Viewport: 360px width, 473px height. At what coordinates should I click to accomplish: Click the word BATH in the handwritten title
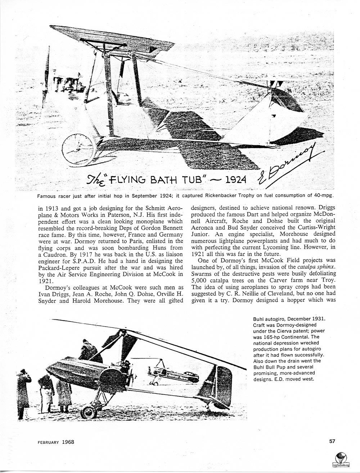click(x=161, y=178)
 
